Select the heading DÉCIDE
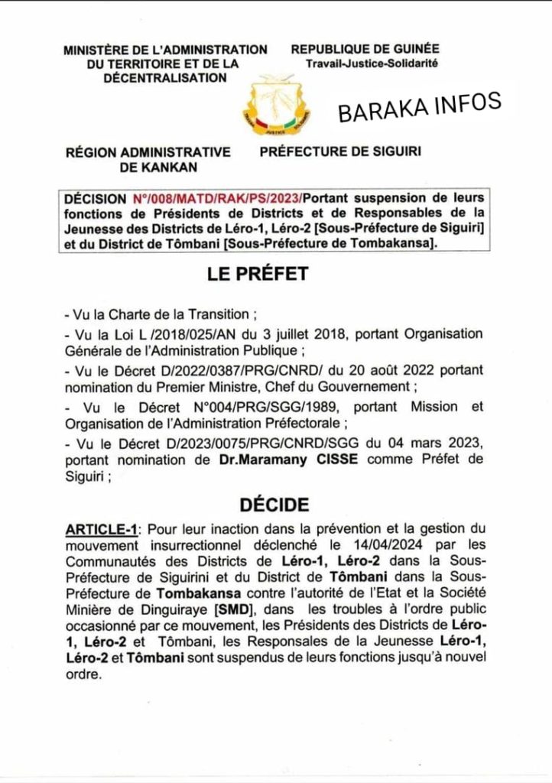point(274,505)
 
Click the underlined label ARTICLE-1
point(103,529)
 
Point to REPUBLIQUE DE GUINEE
point(365,50)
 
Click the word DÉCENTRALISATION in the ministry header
point(165,77)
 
